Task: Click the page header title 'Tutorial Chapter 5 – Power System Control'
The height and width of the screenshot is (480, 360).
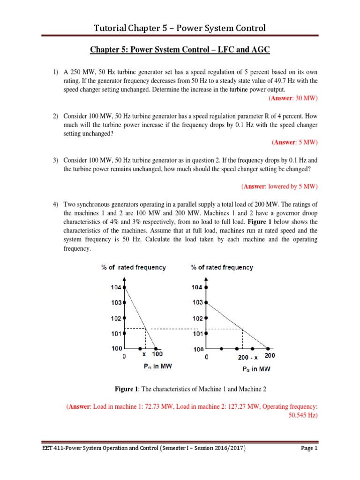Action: click(x=180, y=28)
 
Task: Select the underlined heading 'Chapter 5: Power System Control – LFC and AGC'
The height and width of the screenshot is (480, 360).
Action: click(x=180, y=49)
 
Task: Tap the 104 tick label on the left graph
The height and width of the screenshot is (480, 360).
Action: click(x=116, y=287)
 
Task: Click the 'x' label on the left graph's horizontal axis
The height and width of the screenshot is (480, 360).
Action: click(x=145, y=356)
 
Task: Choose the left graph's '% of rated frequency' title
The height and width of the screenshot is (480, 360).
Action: click(x=133, y=267)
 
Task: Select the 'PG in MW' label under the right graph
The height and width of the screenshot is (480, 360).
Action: click(x=256, y=369)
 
